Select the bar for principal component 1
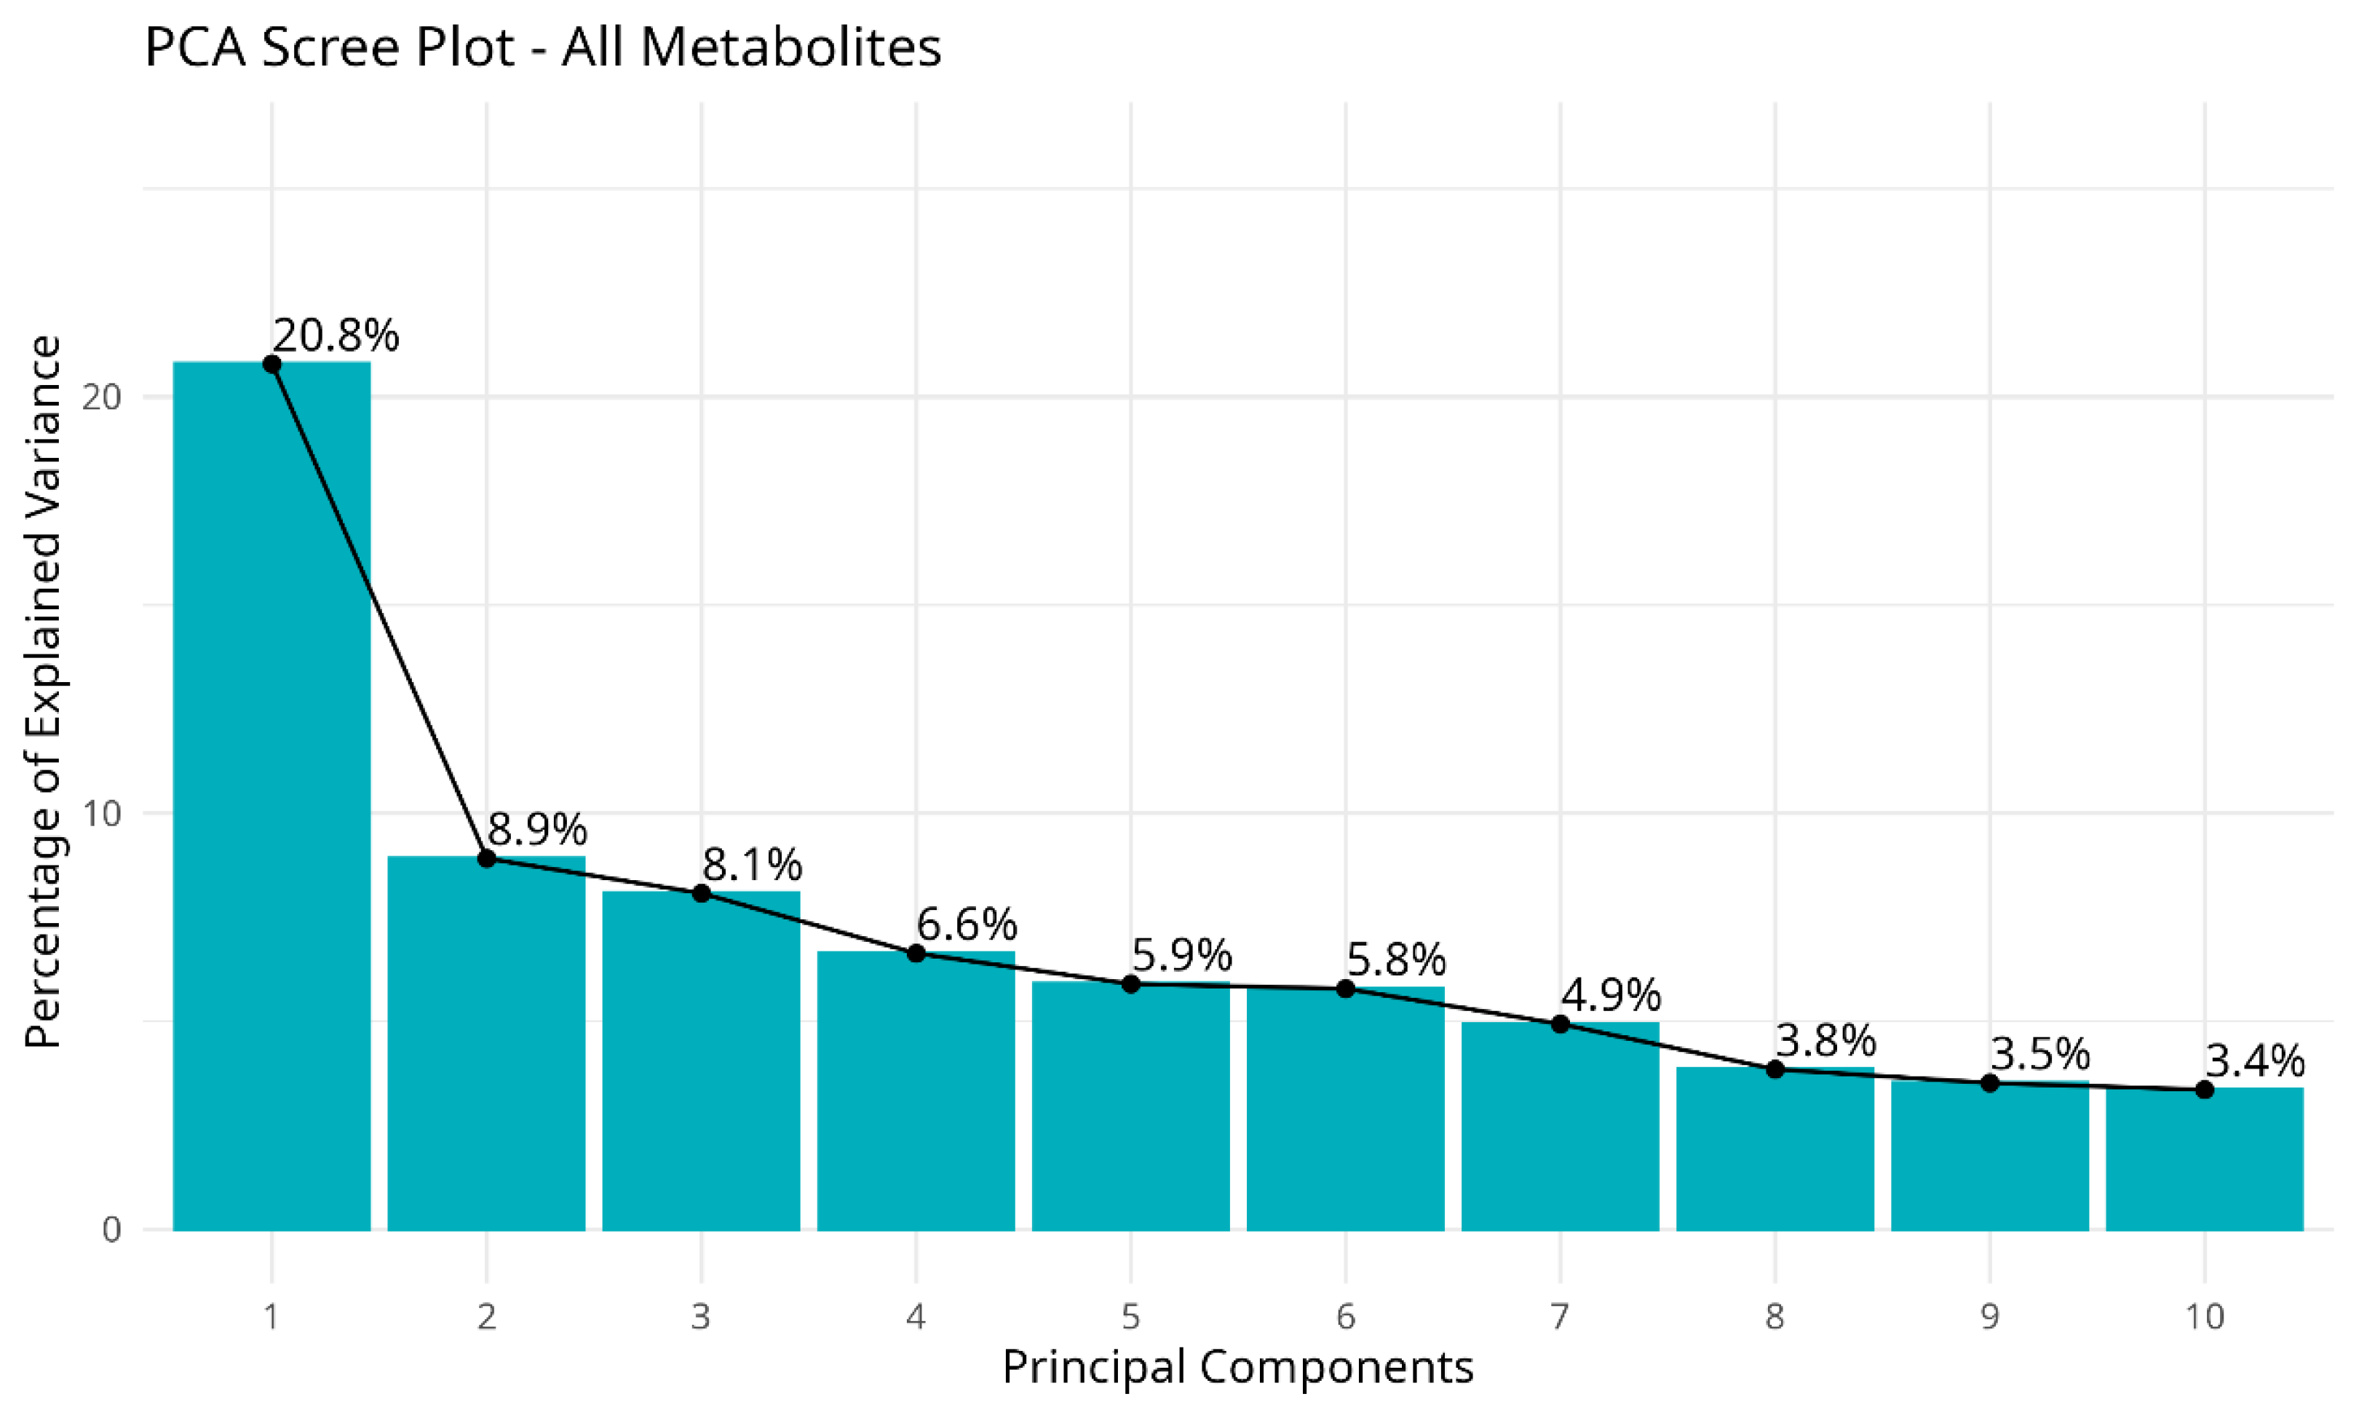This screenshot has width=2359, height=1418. pos(271,796)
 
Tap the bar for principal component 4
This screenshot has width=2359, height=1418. pos(916,1090)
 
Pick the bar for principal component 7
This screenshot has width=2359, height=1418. pos(1561,1127)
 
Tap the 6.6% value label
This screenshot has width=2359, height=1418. pos(967,924)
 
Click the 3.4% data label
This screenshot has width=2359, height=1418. pos(2256,1061)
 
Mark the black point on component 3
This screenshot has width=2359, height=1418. pos(702,893)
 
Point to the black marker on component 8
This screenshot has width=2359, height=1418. pos(1775,1069)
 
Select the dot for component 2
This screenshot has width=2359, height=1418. pos(486,858)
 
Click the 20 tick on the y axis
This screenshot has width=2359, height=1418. pos(102,397)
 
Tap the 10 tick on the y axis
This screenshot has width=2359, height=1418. pos(102,813)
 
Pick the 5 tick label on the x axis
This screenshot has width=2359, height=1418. pos(1131,1317)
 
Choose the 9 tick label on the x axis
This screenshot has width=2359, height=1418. pos(1990,1317)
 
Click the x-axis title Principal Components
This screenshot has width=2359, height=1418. pos(1237,1367)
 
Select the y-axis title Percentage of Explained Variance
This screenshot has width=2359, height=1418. pos(43,693)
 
